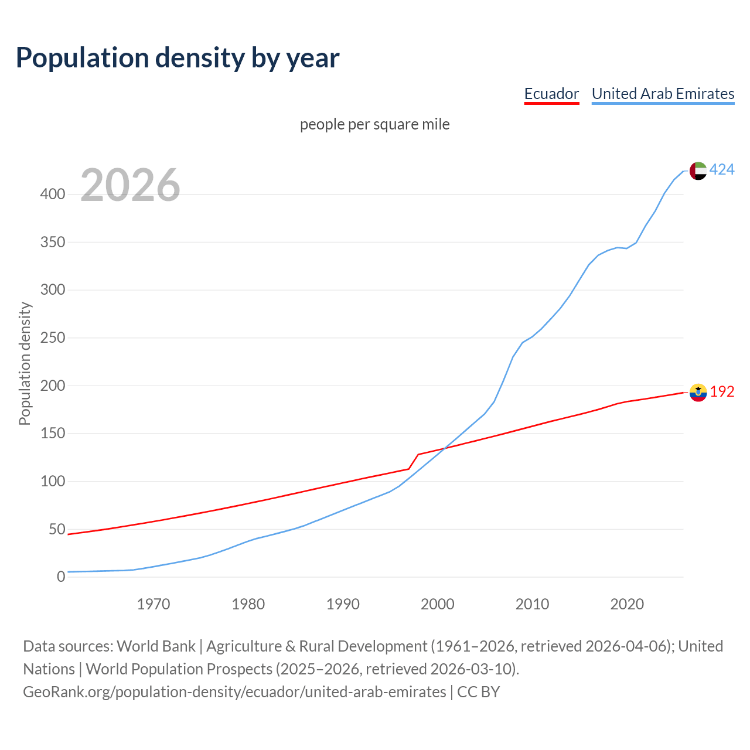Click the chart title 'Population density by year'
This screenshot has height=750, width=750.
coord(178,58)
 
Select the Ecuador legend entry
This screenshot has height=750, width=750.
coord(551,94)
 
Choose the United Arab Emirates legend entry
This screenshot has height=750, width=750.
coord(663,94)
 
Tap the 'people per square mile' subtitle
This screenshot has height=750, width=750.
coord(374,125)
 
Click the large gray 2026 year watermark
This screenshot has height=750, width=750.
coord(130,185)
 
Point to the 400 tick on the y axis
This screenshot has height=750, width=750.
coord(53,194)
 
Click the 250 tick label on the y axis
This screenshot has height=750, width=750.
coord(53,338)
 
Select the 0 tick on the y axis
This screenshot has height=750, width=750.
coord(61,577)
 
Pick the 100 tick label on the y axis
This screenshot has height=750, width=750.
coord(53,482)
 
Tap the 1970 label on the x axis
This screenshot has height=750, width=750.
coord(154,604)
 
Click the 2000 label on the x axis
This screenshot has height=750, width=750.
coord(438,604)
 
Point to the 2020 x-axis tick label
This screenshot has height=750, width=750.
coord(627,604)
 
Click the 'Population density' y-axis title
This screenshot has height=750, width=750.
coord(25,363)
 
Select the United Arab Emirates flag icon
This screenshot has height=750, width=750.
coord(698,171)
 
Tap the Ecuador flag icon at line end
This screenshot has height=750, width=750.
coord(698,393)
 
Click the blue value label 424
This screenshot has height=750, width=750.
coord(722,170)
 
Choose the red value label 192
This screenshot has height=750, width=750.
coord(722,392)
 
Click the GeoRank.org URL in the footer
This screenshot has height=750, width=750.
coord(234,692)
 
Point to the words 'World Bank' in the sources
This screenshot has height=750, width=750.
coord(156,646)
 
